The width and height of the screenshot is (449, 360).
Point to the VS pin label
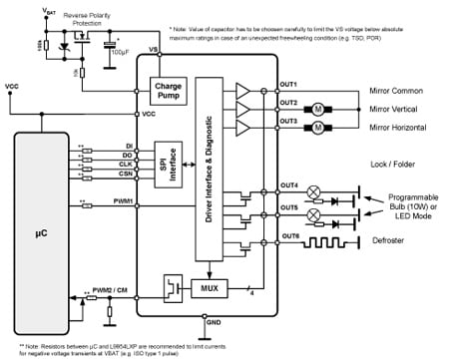point(153,50)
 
